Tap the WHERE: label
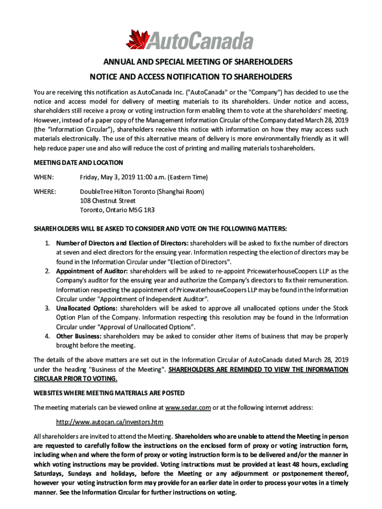(45, 191)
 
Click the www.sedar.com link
(188, 408)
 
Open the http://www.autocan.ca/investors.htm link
(110, 422)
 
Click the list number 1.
(47, 243)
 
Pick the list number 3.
(47, 308)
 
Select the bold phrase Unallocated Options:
(87, 308)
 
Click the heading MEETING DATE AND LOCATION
(78, 163)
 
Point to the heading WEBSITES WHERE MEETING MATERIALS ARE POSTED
(109, 393)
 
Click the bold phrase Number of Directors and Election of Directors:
(122, 243)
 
